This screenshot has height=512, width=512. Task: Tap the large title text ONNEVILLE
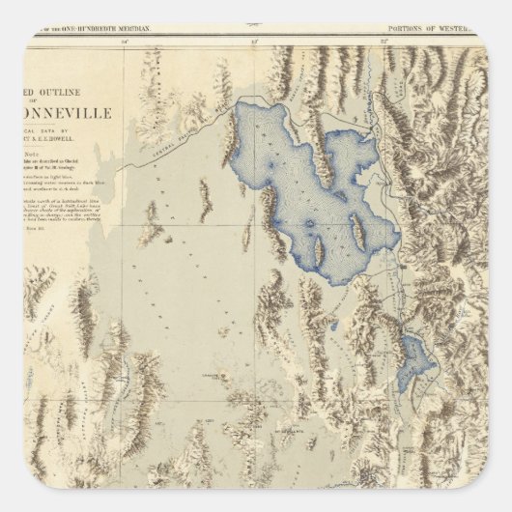(71, 112)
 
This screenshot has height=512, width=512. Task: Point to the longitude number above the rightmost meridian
(384, 43)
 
